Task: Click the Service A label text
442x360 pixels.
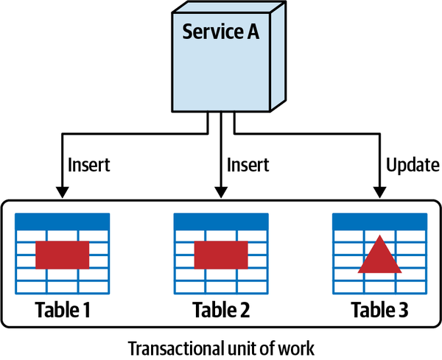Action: point(218,32)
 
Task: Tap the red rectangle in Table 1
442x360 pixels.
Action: point(62,254)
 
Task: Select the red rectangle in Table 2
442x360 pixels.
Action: point(220,254)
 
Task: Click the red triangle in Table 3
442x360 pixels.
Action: point(379,256)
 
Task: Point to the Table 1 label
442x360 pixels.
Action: point(62,310)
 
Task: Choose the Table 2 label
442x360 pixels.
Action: point(220,310)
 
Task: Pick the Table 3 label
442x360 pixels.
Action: point(379,310)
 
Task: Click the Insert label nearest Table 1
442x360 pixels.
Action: point(88,165)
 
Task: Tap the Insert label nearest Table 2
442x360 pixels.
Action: point(248,165)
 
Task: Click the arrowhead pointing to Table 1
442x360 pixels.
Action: point(62,191)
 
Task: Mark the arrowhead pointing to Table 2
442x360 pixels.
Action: point(220,191)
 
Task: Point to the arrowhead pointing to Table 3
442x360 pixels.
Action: point(379,191)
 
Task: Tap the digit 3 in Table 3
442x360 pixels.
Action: point(402,310)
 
